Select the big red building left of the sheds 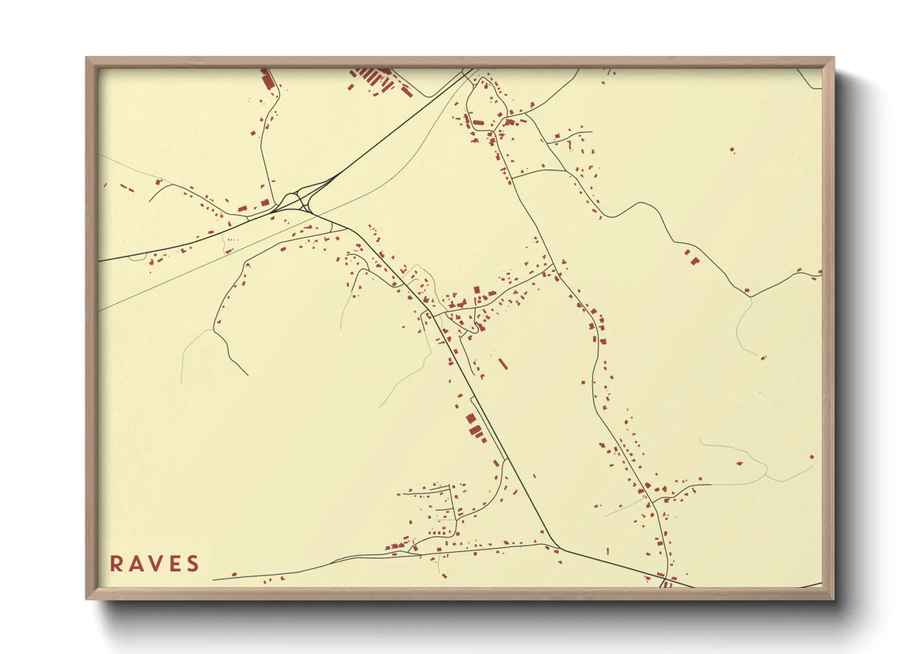click(267, 81)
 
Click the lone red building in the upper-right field click(733, 150)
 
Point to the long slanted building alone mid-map click(503, 363)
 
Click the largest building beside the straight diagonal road click(475, 430)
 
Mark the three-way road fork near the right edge click(751, 297)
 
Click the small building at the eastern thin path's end click(763, 357)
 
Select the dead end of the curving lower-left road click(247, 375)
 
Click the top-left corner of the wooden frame click(86, 57)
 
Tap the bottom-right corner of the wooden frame click(834, 599)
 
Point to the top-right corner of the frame click(834, 57)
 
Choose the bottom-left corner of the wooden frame click(86, 599)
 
